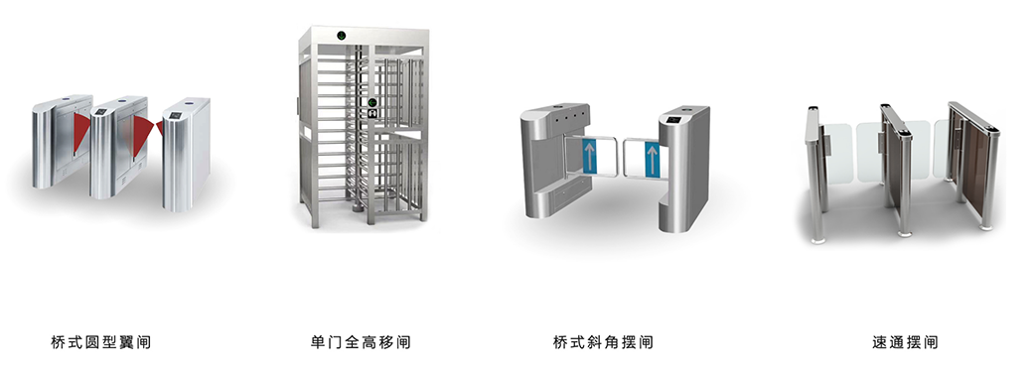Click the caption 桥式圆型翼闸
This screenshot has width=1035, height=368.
coord(100,343)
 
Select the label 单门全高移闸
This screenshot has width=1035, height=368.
coord(361,343)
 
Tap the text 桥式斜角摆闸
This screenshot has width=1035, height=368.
coord(603,343)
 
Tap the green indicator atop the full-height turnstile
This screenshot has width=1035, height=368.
coord(341,36)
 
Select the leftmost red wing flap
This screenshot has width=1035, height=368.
coord(84,127)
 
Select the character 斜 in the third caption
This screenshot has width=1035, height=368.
coord(594,343)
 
